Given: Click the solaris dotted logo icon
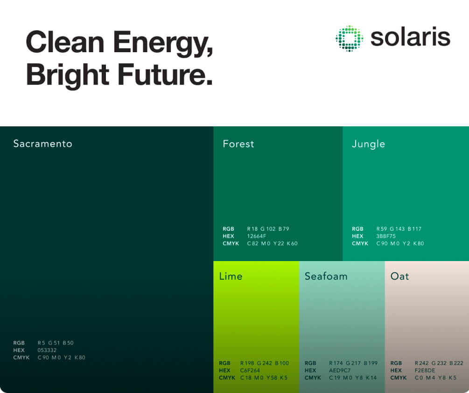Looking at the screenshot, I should [x=349, y=38].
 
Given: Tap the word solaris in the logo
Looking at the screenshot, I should [x=410, y=37].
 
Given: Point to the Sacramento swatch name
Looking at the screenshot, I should [x=42, y=144].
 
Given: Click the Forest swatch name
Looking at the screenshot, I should [x=238, y=144].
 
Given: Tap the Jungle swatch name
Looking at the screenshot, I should [x=368, y=144].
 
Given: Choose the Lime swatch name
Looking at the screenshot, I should [x=231, y=276].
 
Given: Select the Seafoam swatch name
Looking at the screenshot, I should [x=326, y=276].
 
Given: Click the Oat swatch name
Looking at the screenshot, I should [x=399, y=276].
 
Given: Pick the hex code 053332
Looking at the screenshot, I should [x=47, y=350].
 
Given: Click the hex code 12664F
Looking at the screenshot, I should [x=257, y=236].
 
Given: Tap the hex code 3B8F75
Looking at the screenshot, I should [x=386, y=236].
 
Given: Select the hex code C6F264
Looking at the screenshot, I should [x=250, y=371].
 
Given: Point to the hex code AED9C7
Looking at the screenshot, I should [x=339, y=371].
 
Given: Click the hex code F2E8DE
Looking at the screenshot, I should [x=425, y=371].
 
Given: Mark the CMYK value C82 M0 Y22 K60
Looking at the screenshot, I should [x=272, y=244].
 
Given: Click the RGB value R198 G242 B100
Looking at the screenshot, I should [x=264, y=363].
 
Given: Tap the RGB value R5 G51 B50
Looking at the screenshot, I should [x=56, y=343].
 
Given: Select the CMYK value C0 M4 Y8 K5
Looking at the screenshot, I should [x=435, y=378].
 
